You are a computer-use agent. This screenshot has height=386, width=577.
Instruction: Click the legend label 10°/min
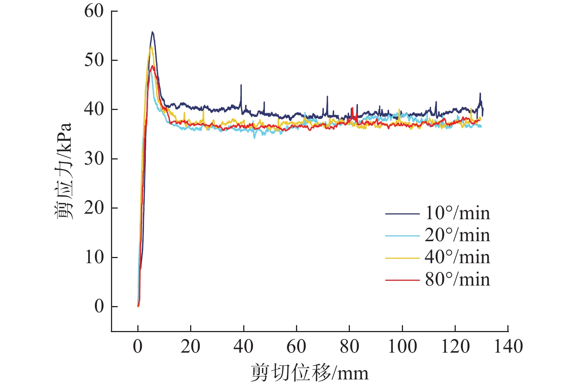tap(457, 213)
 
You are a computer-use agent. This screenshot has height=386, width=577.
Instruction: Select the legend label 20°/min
tap(457, 235)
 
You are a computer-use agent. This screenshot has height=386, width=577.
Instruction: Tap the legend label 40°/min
tap(457, 257)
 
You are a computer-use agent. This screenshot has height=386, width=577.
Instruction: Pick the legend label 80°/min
tap(457, 280)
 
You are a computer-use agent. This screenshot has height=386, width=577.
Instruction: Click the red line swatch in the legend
tap(402, 280)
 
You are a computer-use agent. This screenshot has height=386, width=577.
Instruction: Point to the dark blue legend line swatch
tap(402, 214)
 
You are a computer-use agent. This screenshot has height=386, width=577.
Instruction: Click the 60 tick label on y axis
tap(94, 11)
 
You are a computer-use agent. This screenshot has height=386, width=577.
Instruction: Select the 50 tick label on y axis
tap(94, 60)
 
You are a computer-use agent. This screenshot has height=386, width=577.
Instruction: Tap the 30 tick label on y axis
tap(94, 159)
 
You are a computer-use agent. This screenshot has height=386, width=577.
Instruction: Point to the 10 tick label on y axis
tap(94, 257)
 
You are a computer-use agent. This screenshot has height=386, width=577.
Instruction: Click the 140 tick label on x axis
tap(508, 346)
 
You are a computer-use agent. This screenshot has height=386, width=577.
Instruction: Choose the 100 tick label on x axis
tap(402, 346)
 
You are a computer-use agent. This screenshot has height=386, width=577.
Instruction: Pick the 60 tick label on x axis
tap(296, 346)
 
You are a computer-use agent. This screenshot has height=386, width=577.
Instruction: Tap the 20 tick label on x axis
tap(191, 346)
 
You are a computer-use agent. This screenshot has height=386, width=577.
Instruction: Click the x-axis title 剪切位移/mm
tap(310, 373)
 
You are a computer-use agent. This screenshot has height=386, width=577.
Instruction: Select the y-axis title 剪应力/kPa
tap(63, 171)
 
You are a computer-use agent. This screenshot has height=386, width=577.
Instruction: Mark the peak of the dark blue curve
tap(152, 32)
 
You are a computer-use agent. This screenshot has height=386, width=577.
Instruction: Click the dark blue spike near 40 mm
tap(241, 85)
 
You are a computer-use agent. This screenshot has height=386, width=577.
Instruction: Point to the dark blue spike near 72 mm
tap(327, 97)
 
